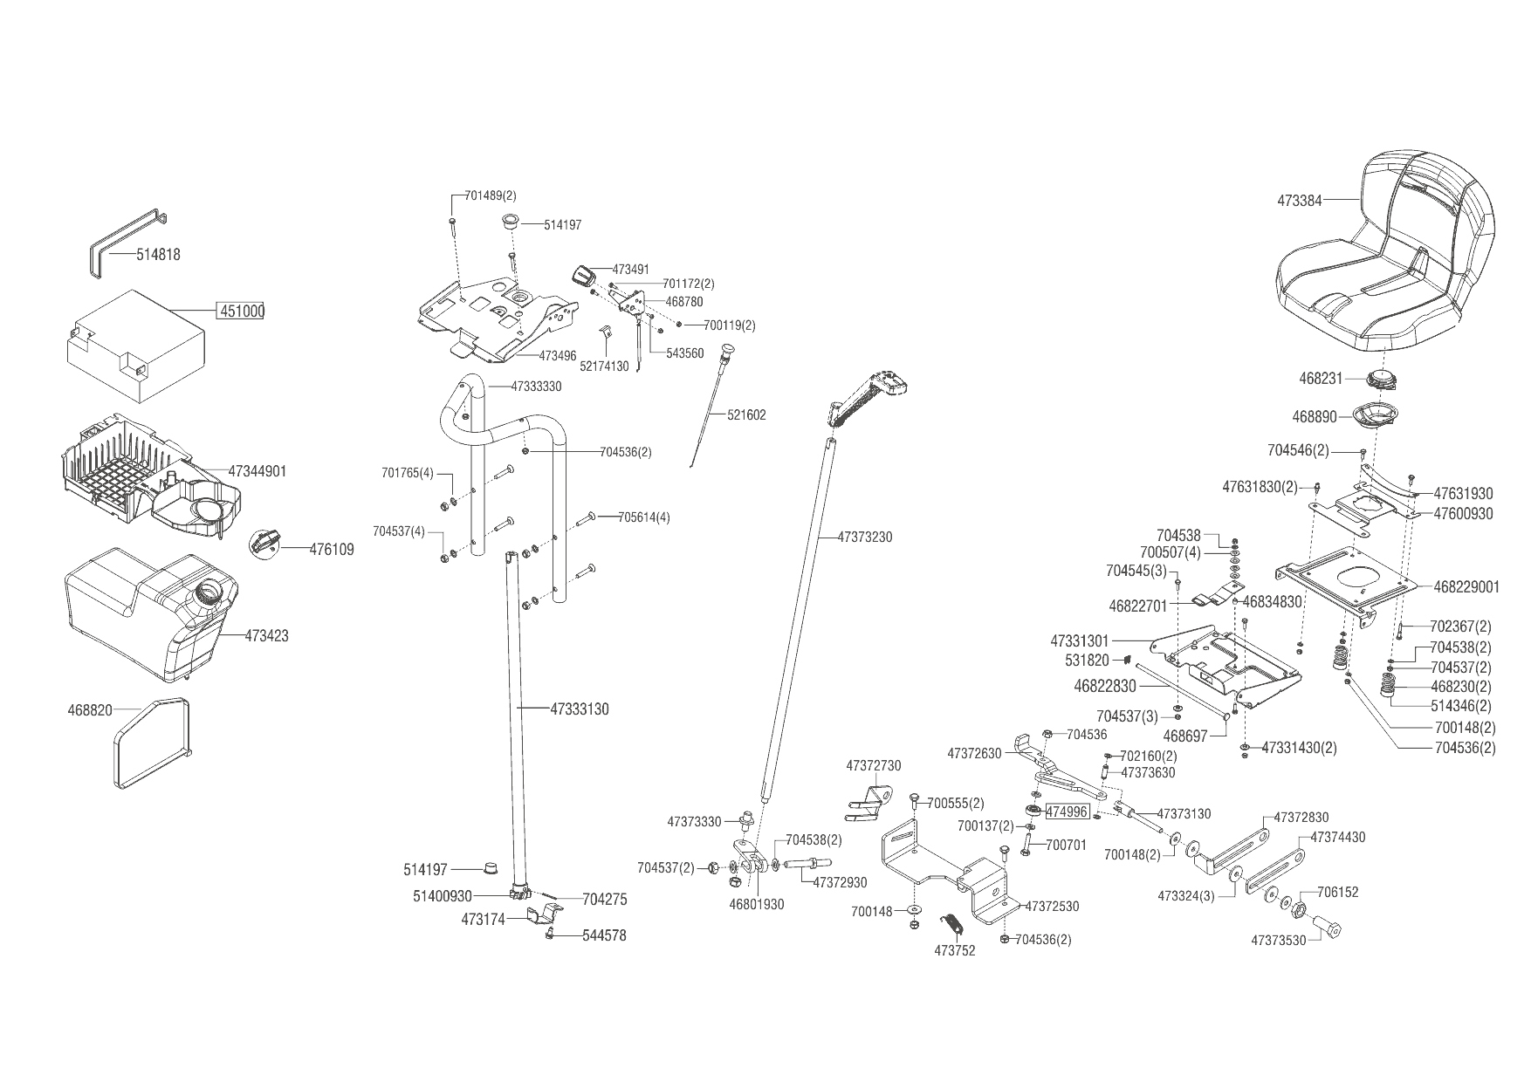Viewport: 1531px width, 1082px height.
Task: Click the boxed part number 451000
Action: click(241, 312)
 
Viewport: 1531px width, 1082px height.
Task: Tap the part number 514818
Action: click(158, 255)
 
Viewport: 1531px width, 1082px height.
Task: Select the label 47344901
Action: click(257, 471)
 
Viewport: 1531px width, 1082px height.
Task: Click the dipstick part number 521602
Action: click(746, 415)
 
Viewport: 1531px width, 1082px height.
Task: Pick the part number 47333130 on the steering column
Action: click(580, 709)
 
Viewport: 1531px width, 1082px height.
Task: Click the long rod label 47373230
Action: click(865, 537)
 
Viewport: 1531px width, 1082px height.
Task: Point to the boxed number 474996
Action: click(1067, 811)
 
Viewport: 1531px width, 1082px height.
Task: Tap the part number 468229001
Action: click(1466, 587)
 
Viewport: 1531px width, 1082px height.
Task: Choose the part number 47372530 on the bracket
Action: click(1052, 907)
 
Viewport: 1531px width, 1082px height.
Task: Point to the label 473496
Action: click(558, 356)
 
